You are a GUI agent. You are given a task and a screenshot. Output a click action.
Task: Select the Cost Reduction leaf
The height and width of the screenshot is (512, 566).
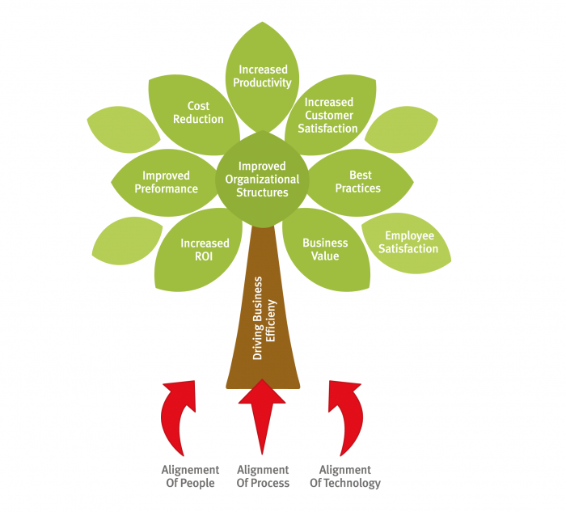point(197,112)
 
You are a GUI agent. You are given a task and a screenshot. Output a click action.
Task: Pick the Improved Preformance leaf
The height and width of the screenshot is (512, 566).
point(165,182)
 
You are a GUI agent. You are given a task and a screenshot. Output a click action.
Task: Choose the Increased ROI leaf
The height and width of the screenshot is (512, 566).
point(203,250)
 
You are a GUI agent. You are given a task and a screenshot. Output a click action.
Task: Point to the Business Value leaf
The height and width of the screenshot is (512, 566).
point(325,248)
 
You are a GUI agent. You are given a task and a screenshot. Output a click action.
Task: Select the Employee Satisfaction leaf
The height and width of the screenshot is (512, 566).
point(408,242)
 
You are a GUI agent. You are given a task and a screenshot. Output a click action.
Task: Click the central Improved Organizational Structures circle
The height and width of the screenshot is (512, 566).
point(263,180)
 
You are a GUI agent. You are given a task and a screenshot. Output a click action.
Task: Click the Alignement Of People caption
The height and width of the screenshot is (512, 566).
point(190,476)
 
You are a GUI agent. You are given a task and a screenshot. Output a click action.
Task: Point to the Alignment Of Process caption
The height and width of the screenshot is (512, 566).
point(263,476)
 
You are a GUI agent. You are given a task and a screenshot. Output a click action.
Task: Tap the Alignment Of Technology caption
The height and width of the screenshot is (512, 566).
point(345,476)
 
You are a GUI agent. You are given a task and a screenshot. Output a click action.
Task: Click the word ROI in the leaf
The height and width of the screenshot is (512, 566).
point(205,256)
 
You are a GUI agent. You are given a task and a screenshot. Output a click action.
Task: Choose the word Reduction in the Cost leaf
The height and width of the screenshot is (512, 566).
point(198,119)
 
